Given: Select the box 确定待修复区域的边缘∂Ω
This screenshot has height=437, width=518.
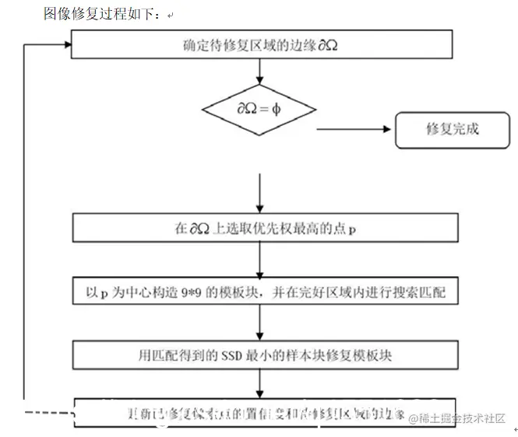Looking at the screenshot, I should (261, 45).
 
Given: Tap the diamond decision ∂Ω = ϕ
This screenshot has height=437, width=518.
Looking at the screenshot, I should (259, 110).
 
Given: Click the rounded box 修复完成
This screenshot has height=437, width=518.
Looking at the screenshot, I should (452, 128).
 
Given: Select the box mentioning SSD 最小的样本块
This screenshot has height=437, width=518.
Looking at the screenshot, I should (261, 355).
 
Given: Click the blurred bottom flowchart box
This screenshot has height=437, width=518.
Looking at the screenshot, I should (241, 413).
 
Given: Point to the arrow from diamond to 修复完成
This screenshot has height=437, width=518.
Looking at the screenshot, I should (354, 129).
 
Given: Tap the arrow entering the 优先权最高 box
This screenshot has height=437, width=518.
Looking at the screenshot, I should (259, 194).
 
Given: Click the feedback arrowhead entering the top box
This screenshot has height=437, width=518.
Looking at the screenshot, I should (63, 44).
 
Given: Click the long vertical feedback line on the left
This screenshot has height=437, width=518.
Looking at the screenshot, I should (25, 225).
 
